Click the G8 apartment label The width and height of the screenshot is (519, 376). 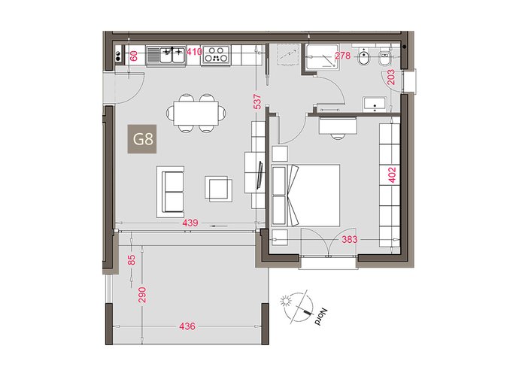[x=142, y=139]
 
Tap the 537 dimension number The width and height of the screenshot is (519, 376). [x=257, y=102]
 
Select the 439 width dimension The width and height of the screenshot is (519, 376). [x=190, y=223]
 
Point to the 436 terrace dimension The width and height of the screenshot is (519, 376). [x=187, y=326]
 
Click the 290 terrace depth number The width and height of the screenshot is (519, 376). [x=142, y=295]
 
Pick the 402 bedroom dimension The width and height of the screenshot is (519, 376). [x=392, y=174]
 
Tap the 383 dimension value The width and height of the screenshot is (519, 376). [x=350, y=239]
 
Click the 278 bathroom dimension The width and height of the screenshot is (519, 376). [x=342, y=56]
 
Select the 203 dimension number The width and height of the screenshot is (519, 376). [x=391, y=77]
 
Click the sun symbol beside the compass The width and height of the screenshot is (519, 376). [x=284, y=302]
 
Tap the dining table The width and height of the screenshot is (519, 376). [x=196, y=114]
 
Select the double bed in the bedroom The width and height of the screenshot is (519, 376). [x=305, y=196]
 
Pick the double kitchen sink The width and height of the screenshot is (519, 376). [x=165, y=55]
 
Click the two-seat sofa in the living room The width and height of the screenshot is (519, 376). [x=171, y=192]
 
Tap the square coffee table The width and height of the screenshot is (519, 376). [x=218, y=189]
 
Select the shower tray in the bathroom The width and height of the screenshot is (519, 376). [x=323, y=56]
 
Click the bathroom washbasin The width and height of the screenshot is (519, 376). [x=375, y=104]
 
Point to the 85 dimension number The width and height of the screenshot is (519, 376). [x=132, y=259]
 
